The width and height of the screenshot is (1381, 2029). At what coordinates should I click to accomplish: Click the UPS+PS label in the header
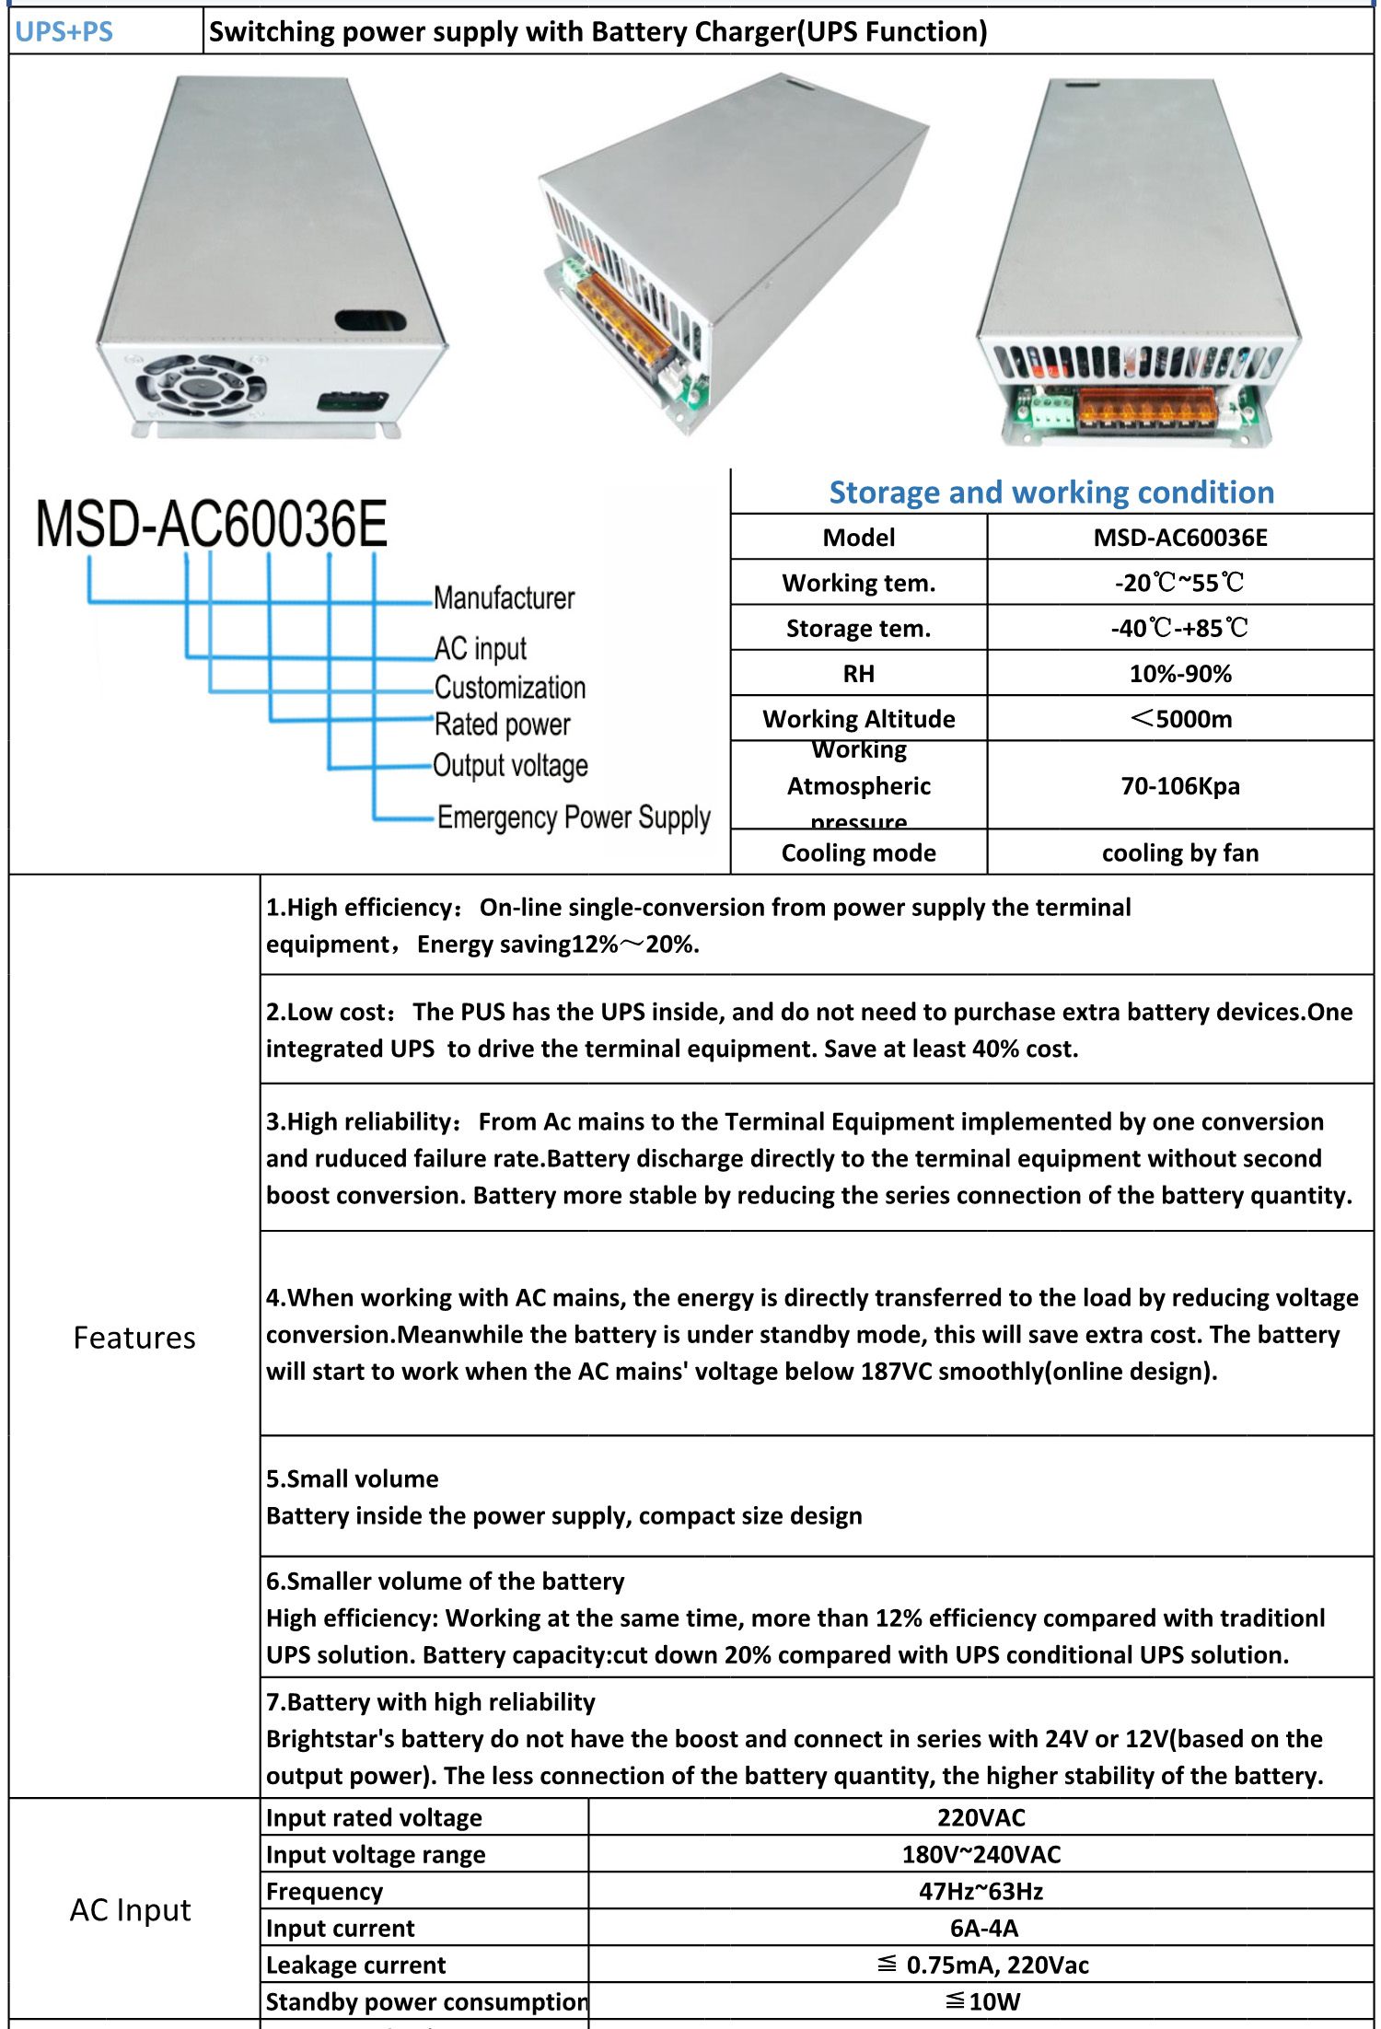(64, 32)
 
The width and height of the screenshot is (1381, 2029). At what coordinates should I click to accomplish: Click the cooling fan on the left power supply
(201, 388)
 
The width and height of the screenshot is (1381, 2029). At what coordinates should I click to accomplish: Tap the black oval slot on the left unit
(370, 320)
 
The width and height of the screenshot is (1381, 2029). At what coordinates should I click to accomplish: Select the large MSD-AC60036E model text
(212, 524)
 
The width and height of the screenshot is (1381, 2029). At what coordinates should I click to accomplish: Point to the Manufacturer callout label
(504, 598)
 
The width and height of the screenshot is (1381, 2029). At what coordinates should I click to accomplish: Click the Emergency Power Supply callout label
(573, 817)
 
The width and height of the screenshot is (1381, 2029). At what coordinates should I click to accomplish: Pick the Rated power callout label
(502, 725)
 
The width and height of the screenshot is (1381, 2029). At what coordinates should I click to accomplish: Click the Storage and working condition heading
(1051, 493)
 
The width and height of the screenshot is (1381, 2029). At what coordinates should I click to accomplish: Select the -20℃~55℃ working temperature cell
(1179, 583)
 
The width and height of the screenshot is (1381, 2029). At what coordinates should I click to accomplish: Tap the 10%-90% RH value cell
(1179, 674)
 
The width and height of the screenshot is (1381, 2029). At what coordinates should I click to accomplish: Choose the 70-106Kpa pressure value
(1179, 786)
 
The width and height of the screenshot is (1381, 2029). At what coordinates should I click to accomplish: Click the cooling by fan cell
(1179, 853)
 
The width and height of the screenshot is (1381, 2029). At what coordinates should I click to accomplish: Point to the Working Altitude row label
(858, 719)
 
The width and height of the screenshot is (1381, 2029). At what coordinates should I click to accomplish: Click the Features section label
(134, 1338)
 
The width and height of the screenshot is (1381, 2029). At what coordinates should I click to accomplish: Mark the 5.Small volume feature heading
(353, 1479)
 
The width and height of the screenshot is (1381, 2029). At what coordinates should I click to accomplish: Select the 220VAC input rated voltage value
(981, 1818)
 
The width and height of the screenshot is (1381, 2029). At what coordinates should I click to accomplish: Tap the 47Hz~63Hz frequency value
(981, 1892)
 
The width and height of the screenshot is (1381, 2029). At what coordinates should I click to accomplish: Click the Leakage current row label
(355, 1965)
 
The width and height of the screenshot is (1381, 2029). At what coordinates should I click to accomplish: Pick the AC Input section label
(131, 1910)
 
